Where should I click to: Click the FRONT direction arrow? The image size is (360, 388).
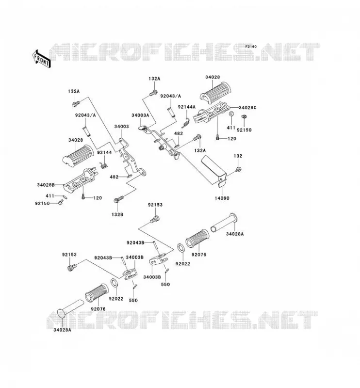(41, 59)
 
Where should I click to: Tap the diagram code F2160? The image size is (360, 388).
(251, 47)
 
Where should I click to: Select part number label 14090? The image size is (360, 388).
(222, 198)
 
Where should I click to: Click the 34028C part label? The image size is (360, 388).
(247, 108)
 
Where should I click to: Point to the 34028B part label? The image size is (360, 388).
(46, 185)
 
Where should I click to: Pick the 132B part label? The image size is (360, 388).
(117, 214)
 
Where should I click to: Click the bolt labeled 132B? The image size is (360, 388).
(119, 199)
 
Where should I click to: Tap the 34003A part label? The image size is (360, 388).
(140, 115)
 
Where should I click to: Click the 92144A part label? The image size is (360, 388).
(187, 107)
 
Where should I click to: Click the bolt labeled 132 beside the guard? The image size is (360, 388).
(238, 169)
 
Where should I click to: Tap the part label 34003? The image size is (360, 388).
(121, 127)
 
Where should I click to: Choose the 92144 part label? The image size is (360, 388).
(104, 152)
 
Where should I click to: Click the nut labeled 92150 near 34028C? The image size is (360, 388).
(244, 116)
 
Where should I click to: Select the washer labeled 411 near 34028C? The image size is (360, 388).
(231, 114)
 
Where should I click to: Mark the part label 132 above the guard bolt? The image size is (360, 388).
(238, 156)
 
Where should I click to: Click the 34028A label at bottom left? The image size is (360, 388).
(62, 330)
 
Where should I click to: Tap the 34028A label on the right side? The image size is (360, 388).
(235, 234)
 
